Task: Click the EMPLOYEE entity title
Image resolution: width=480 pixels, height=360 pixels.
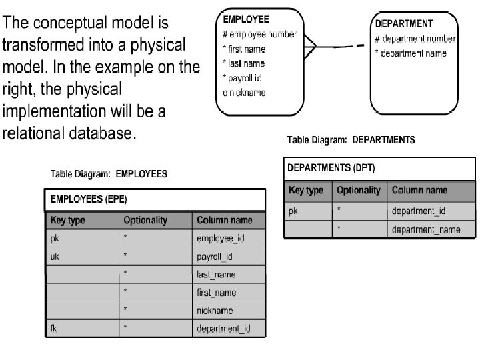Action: tap(246, 20)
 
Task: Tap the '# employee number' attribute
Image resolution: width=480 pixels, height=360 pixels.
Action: tap(259, 35)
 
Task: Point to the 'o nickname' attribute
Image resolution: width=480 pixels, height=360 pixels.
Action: tap(244, 93)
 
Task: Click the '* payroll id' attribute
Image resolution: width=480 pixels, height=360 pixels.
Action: tap(242, 78)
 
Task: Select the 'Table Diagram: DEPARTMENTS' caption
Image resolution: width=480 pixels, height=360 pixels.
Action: tap(351, 140)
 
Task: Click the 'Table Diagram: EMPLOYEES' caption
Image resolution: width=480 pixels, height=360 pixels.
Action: tap(109, 174)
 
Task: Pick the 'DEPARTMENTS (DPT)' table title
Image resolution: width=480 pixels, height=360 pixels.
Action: tap(331, 168)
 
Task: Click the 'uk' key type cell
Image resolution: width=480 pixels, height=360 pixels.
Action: tap(55, 257)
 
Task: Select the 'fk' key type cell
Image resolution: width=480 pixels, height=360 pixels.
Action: tap(54, 329)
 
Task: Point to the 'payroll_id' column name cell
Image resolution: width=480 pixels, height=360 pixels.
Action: tap(215, 257)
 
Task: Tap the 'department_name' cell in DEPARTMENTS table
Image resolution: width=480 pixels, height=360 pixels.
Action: tap(425, 229)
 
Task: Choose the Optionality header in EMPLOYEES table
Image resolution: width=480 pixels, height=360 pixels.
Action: tap(145, 220)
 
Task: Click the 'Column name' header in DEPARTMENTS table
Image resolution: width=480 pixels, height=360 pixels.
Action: tap(419, 190)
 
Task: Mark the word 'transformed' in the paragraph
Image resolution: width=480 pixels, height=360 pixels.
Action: tap(45, 46)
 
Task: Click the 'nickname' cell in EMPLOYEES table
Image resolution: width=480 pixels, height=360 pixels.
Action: tap(215, 311)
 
